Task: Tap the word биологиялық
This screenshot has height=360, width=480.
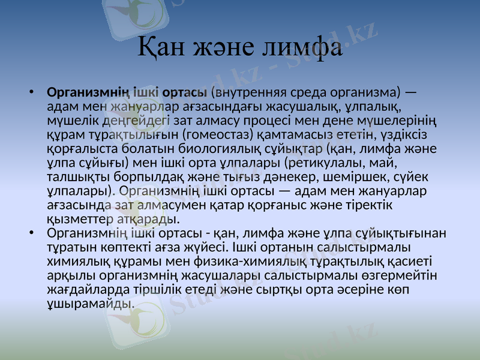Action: coord(239,148)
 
